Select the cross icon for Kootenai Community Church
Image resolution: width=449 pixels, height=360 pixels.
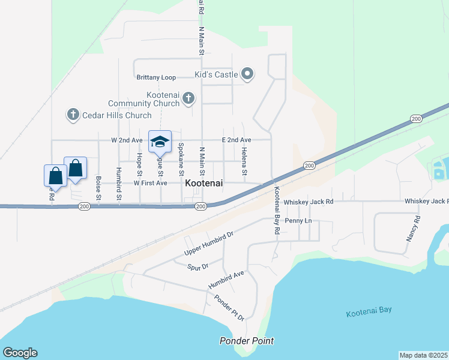click(188, 97)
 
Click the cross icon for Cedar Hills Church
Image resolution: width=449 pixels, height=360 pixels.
click(73, 114)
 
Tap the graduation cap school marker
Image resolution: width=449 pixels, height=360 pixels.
click(160, 142)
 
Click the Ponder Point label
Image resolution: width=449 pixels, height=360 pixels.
click(246, 341)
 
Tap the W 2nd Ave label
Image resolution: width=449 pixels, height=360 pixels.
click(127, 140)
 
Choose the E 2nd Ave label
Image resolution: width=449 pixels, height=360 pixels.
click(237, 140)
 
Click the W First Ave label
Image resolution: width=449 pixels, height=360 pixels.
click(150, 183)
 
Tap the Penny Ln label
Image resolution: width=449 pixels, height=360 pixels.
click(298, 221)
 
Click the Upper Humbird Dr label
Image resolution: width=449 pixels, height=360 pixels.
click(208, 242)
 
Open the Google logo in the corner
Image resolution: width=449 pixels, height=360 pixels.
click(20, 353)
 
